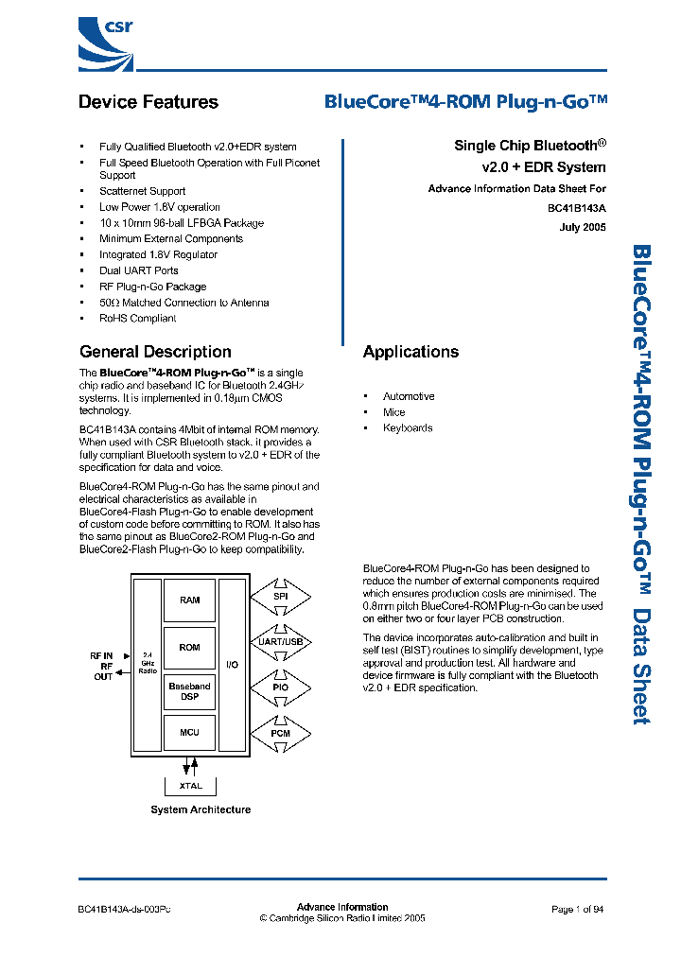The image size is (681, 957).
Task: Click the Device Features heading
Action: [x=148, y=102]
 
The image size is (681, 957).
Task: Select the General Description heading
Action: [x=155, y=352]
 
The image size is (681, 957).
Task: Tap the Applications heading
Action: [x=410, y=352]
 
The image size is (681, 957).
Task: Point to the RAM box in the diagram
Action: [x=189, y=600]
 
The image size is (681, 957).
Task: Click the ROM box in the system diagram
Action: [x=189, y=647]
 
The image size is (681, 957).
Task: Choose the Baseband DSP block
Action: [x=189, y=691]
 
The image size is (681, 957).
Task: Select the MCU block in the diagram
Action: [x=189, y=733]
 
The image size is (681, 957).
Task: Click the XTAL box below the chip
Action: [x=190, y=786]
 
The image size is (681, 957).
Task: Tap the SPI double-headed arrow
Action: [x=280, y=598]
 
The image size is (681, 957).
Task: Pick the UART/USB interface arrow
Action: [x=280, y=642]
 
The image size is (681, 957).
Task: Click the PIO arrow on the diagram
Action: [x=280, y=687]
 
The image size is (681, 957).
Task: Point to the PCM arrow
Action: [x=280, y=733]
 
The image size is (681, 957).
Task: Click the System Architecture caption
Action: [x=201, y=810]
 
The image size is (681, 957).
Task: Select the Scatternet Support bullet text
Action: [x=142, y=191]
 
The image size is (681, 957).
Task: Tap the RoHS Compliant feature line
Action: [x=137, y=319]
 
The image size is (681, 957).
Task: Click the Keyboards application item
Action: [x=408, y=428]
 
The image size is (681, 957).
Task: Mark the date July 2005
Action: [x=583, y=228]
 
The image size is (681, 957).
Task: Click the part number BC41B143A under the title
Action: [x=576, y=208]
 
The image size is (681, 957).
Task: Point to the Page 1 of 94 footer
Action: [x=577, y=909]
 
